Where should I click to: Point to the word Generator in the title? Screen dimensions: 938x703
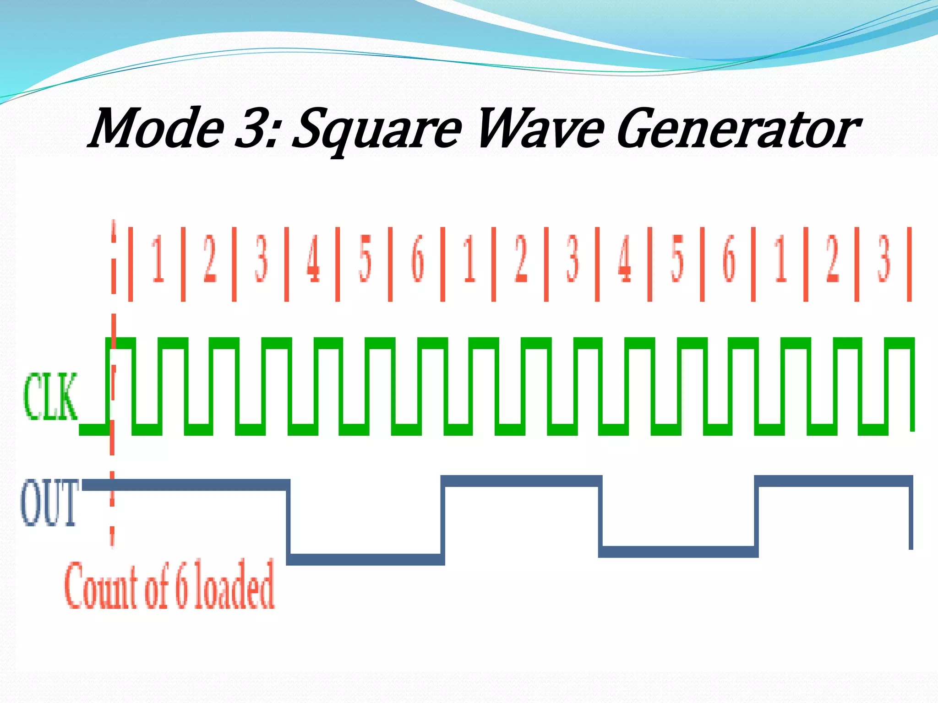[x=737, y=130]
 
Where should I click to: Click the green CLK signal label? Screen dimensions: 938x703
[x=50, y=396]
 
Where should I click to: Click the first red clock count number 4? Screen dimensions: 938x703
[x=313, y=259]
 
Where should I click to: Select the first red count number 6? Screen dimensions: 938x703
[x=417, y=259]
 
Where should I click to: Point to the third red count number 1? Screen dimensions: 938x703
[x=780, y=259]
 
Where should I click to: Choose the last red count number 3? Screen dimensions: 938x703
[x=884, y=259]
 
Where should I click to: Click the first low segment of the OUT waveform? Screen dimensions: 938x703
[x=365, y=559]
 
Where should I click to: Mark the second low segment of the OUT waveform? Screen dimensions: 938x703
[x=678, y=552]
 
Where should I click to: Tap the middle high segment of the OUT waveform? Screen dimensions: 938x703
[x=521, y=481]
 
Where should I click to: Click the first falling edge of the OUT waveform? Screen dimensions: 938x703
[x=289, y=522]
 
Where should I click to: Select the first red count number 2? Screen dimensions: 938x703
[x=210, y=259]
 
